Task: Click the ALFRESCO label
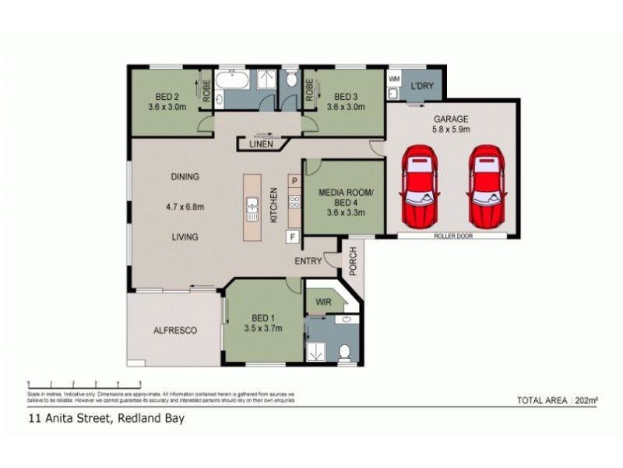click(x=175, y=330)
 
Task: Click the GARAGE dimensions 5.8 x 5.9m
click(x=452, y=130)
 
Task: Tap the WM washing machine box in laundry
click(x=394, y=80)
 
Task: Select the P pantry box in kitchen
click(x=294, y=181)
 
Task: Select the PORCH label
click(x=352, y=262)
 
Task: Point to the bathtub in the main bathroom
click(x=231, y=81)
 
